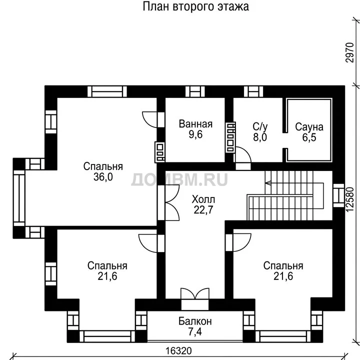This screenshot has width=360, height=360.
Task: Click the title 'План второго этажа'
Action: click(x=195, y=6)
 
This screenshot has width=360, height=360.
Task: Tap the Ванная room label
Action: click(x=195, y=124)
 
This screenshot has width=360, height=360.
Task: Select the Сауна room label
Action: click(x=309, y=127)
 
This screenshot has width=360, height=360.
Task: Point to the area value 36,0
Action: click(x=103, y=177)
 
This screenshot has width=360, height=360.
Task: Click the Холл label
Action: click(x=203, y=199)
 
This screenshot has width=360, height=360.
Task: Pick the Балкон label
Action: click(x=195, y=321)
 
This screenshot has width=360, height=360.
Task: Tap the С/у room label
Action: click(x=260, y=126)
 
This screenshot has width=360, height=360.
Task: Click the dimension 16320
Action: click(x=178, y=351)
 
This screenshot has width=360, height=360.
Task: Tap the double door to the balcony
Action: click(x=195, y=293)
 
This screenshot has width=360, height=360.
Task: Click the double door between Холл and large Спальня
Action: click(x=172, y=202)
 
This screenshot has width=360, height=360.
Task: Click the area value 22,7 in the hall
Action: click(x=203, y=209)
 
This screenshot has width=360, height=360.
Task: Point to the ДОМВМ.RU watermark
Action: click(x=179, y=179)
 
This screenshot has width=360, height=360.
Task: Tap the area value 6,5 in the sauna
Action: click(x=309, y=137)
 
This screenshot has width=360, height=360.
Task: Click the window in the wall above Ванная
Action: click(x=195, y=91)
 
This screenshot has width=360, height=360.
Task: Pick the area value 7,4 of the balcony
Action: click(x=195, y=332)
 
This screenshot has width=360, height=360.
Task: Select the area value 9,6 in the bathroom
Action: click(x=195, y=134)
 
